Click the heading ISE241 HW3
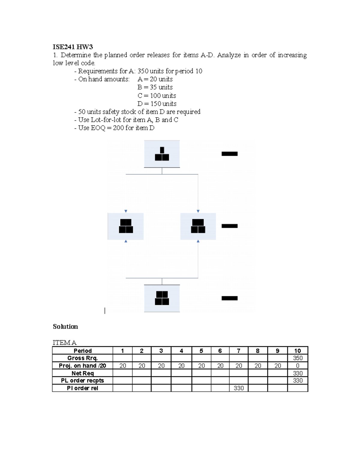pos(73,47)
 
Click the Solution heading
pos(65,326)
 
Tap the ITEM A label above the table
pos(64,342)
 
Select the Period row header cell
pos(82,351)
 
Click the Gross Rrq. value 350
pos(298,358)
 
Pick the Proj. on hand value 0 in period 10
pos(298,366)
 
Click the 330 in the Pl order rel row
pos(238,388)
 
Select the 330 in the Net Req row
pos(298,373)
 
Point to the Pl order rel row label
pos(82,388)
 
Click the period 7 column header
pos(238,351)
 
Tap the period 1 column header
pos(122,351)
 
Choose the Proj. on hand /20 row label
pos(82,366)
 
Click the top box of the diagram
pos(162,154)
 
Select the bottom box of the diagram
pos(162,298)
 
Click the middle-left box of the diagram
pos(126,226)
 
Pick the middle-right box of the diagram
pos(198,226)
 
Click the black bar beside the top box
pos(229,154)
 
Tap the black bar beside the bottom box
pos(229,298)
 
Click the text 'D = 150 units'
pos(157,104)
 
